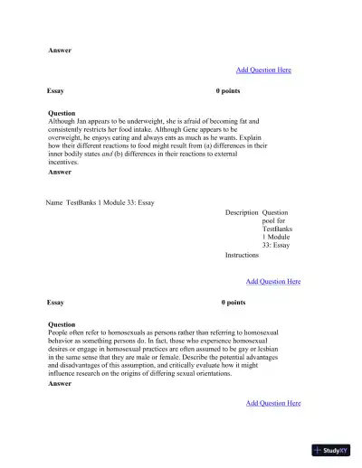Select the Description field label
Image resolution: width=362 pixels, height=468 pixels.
click(x=242, y=212)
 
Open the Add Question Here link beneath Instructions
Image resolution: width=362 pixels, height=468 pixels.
click(x=273, y=282)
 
